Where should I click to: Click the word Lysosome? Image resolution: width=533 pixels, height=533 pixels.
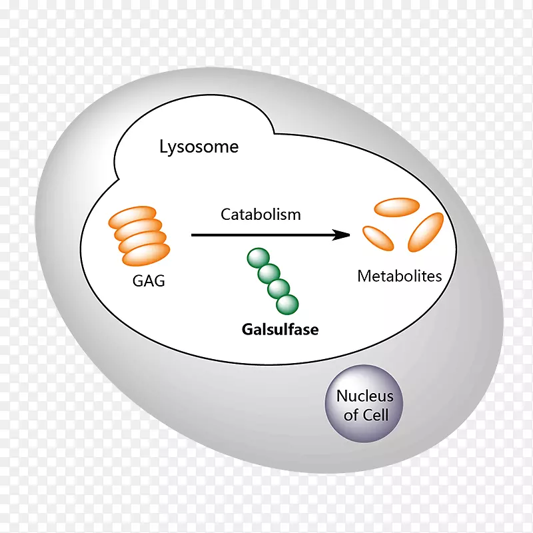point(199,147)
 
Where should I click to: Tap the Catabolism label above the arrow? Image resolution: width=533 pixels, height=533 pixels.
point(261,215)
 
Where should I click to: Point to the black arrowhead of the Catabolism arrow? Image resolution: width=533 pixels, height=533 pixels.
point(342,235)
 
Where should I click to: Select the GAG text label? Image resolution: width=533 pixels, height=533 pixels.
point(148,280)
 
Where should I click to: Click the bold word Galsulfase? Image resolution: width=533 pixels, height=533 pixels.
point(280,329)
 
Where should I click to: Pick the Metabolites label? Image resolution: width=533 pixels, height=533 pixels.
point(400,276)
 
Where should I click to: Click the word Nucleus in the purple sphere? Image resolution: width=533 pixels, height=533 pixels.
point(364,396)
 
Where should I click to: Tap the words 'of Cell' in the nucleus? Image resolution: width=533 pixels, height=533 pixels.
point(365,415)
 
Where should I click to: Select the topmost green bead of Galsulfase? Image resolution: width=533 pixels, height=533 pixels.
point(257,258)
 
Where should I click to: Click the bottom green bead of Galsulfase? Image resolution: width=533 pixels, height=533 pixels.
point(288,304)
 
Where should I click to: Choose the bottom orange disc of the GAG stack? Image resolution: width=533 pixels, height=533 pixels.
point(145,253)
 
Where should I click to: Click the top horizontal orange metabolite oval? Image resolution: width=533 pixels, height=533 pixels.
point(396,207)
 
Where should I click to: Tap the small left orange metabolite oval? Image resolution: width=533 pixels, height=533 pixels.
point(376,237)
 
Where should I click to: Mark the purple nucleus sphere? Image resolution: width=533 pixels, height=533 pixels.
point(364,404)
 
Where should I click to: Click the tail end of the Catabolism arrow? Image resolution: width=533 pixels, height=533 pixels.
point(193,235)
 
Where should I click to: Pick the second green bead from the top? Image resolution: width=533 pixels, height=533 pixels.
point(268,273)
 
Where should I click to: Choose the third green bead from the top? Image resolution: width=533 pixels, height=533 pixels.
point(278,288)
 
